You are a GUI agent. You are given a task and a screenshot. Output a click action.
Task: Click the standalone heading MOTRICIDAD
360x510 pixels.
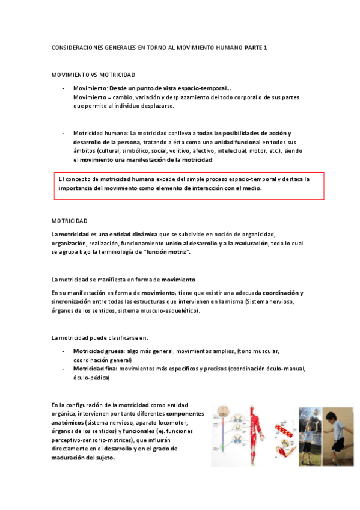tap(70, 221)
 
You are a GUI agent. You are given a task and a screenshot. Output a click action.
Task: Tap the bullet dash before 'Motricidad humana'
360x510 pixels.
tap(64, 132)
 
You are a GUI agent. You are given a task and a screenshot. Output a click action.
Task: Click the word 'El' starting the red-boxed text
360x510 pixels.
tap(61, 179)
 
